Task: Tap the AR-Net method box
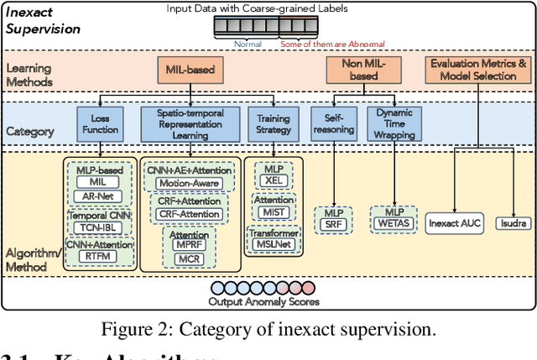tap(99, 195)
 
